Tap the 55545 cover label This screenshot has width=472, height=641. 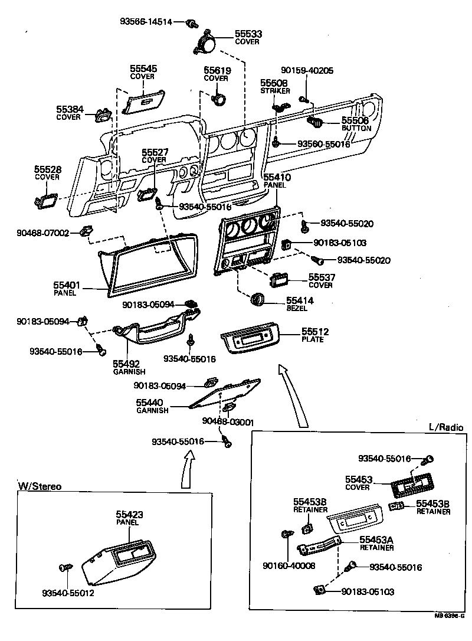pyautogui.click(x=143, y=69)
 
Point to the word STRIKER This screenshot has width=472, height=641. pyautogui.click(x=275, y=91)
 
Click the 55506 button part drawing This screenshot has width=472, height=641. pyautogui.click(x=314, y=122)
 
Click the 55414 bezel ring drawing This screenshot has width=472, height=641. pyautogui.click(x=258, y=300)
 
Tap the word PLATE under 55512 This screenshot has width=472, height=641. pyautogui.click(x=312, y=340)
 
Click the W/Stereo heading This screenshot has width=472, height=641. pyautogui.click(x=40, y=486)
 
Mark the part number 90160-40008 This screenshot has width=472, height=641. pyautogui.click(x=289, y=565)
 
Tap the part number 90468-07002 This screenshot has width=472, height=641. pyautogui.click(x=42, y=233)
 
